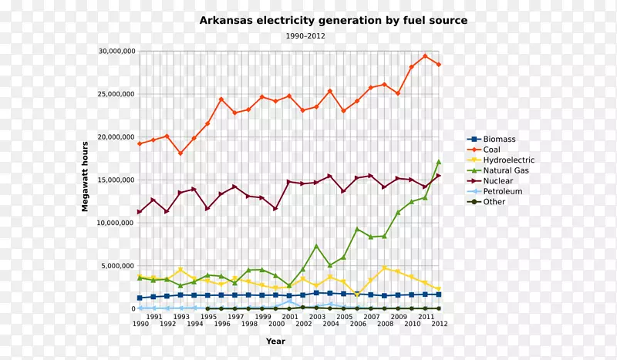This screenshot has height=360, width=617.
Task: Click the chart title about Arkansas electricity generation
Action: click(x=333, y=20)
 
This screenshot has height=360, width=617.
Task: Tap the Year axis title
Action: click(x=275, y=341)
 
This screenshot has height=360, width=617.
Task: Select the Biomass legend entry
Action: click(x=498, y=140)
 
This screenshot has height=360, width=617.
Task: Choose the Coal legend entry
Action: click(x=491, y=150)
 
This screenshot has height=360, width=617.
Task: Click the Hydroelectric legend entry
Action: click(x=508, y=160)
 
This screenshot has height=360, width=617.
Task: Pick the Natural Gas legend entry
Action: click(x=506, y=170)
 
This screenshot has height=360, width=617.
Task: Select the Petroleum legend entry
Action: click(x=502, y=191)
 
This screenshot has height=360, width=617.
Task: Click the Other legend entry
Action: click(x=494, y=202)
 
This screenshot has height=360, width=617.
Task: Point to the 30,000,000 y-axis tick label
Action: click(x=116, y=51)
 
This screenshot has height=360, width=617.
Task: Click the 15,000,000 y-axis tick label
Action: click(x=116, y=180)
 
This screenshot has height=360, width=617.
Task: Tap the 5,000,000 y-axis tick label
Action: click(x=119, y=266)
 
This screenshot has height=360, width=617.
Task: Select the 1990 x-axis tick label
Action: click(x=140, y=325)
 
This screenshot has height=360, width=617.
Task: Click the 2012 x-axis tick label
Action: click(x=439, y=325)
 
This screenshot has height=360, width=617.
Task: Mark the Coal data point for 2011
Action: click(x=425, y=56)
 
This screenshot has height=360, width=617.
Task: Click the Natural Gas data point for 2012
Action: click(x=439, y=162)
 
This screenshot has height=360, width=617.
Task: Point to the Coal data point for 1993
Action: click(x=180, y=153)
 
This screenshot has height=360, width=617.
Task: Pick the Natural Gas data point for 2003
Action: click(x=316, y=246)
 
